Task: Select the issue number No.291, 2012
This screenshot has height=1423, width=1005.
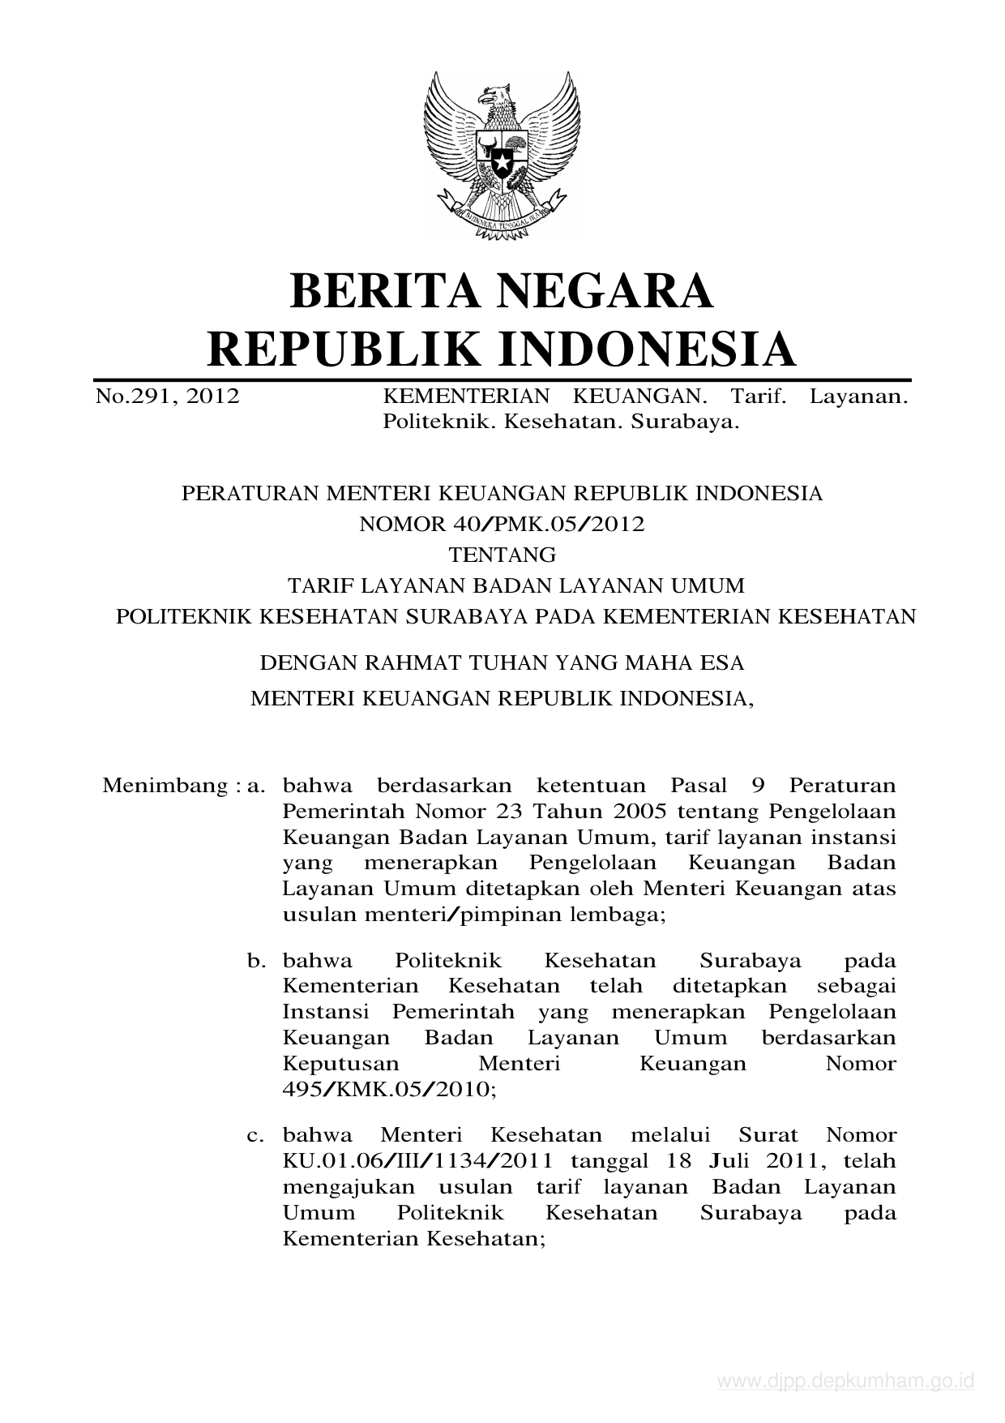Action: [x=168, y=396]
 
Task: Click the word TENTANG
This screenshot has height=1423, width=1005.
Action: [x=502, y=555]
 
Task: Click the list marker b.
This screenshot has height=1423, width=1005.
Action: [x=257, y=961]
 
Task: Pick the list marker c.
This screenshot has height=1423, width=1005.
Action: [x=257, y=1135]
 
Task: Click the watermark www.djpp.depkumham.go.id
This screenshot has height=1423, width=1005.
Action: [x=845, y=1381]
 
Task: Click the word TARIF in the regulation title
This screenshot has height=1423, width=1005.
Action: [x=320, y=585]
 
